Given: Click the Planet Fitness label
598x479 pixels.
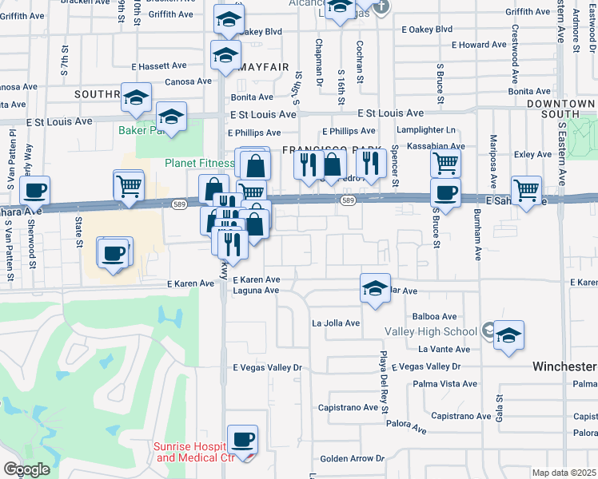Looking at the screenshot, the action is [x=199, y=163].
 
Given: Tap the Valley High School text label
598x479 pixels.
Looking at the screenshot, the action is [x=431, y=331].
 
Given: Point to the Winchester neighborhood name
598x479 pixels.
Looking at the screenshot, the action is [x=564, y=366].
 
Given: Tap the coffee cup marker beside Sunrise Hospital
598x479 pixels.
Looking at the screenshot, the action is [x=242, y=438].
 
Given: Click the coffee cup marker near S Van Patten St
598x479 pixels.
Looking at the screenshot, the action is [x=34, y=190].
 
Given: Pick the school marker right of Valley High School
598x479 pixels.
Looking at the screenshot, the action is [x=508, y=335].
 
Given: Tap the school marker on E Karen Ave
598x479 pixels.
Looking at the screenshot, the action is [x=374, y=288].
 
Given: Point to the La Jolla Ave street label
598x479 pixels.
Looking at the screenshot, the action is [x=336, y=323].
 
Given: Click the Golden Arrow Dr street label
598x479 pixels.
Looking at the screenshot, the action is [x=353, y=459].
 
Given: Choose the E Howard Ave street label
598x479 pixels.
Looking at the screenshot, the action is [x=479, y=45].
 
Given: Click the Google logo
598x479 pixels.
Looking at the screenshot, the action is [x=26, y=469].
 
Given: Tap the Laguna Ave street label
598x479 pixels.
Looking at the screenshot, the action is [x=256, y=291].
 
